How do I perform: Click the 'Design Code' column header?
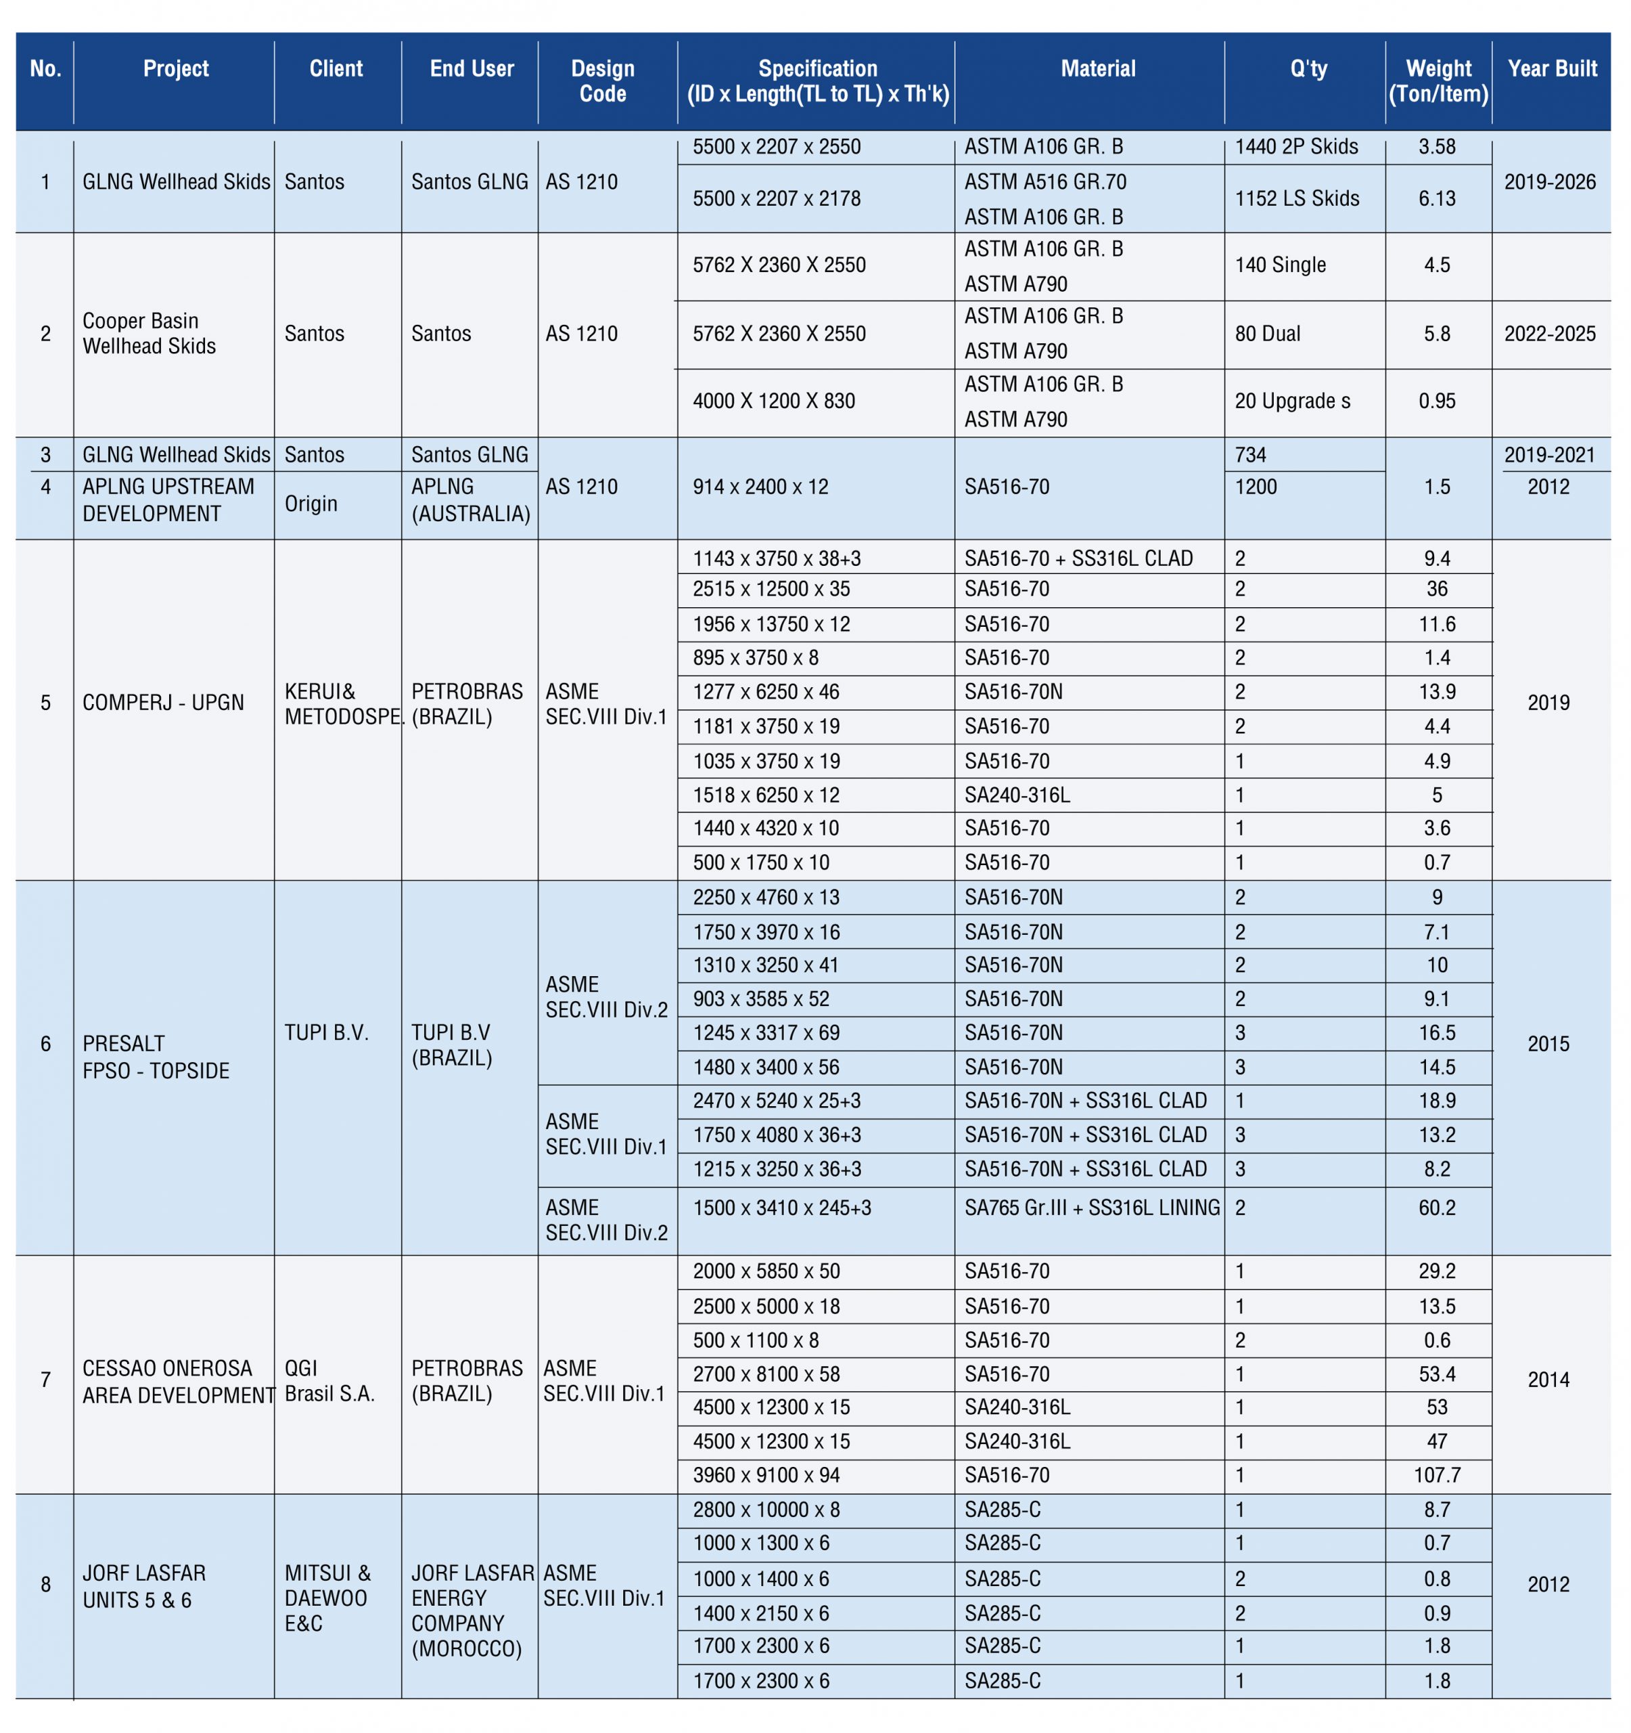tap(602, 81)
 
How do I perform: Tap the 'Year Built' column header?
tap(1552, 69)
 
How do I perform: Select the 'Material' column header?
tap(1097, 69)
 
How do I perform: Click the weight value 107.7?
tap(1436, 1475)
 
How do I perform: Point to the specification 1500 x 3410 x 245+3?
tap(781, 1208)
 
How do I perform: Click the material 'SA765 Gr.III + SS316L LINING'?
tap(1092, 1208)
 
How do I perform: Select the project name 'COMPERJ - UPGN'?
tap(163, 703)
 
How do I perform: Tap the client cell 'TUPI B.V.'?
tap(327, 1033)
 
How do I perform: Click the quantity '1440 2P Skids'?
tap(1295, 146)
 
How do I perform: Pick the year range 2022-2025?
tap(1549, 334)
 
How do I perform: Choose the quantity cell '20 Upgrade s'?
tap(1292, 401)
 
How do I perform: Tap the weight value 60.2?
tap(1436, 1208)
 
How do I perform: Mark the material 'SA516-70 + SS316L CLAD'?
tap(1078, 558)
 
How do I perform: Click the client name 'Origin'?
tap(311, 504)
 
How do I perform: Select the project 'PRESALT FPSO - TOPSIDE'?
tap(156, 1057)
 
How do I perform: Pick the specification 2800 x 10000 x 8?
tap(766, 1509)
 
